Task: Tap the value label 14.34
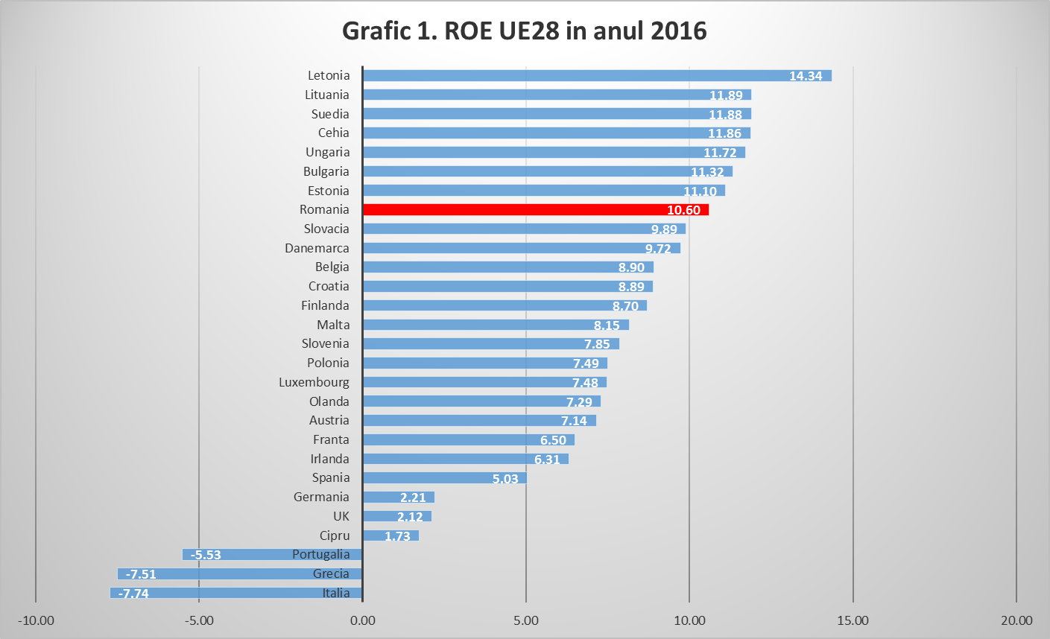pos(806,76)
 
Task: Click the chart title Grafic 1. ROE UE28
pos(524,31)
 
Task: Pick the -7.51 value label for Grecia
pos(141,574)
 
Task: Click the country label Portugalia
pos(320,554)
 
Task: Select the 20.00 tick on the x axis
pos(1016,620)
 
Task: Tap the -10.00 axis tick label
pos(36,620)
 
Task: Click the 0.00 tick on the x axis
pos(363,620)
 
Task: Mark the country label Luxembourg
pos(314,382)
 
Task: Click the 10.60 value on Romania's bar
pos(683,210)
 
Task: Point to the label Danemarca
pos(317,248)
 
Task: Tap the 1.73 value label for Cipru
pos(397,536)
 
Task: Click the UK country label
pos(341,516)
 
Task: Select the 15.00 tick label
pos(853,620)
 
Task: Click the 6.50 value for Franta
pos(553,440)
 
